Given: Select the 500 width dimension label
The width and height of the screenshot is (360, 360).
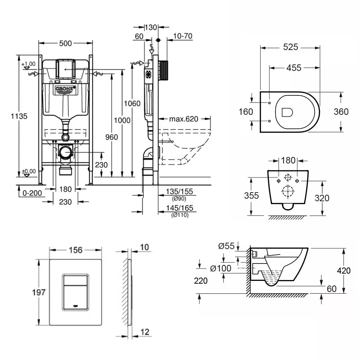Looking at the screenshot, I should (66, 43).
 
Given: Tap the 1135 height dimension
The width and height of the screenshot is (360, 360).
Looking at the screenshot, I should (18, 116).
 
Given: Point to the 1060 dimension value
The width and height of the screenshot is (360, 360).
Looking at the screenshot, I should (132, 104).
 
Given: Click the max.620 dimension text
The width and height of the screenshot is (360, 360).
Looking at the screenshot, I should (184, 119).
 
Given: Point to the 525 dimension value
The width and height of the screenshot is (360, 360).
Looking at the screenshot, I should (290, 47).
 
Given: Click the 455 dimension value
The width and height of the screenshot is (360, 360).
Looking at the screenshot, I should (294, 68).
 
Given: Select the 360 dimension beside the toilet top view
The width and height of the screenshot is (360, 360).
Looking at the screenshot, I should (341, 112).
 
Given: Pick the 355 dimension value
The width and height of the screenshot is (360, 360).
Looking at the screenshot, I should (251, 195).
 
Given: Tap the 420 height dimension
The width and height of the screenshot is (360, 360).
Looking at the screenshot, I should (343, 271).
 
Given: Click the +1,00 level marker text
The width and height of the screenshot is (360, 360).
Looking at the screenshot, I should (28, 64).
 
